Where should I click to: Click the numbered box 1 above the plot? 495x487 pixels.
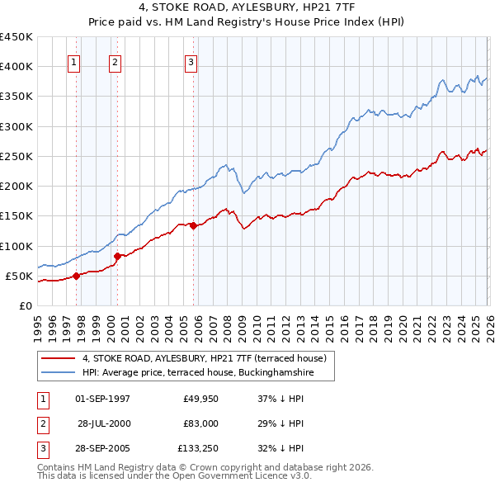click(74, 62)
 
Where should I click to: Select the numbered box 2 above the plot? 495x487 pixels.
click(115, 62)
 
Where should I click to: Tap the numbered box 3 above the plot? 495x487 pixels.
click(191, 62)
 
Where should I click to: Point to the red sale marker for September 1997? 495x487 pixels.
click(76, 276)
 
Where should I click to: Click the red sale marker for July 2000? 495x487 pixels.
click(117, 256)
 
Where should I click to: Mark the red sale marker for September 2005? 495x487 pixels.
click(193, 225)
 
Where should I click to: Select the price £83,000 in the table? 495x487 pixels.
click(200, 423)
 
